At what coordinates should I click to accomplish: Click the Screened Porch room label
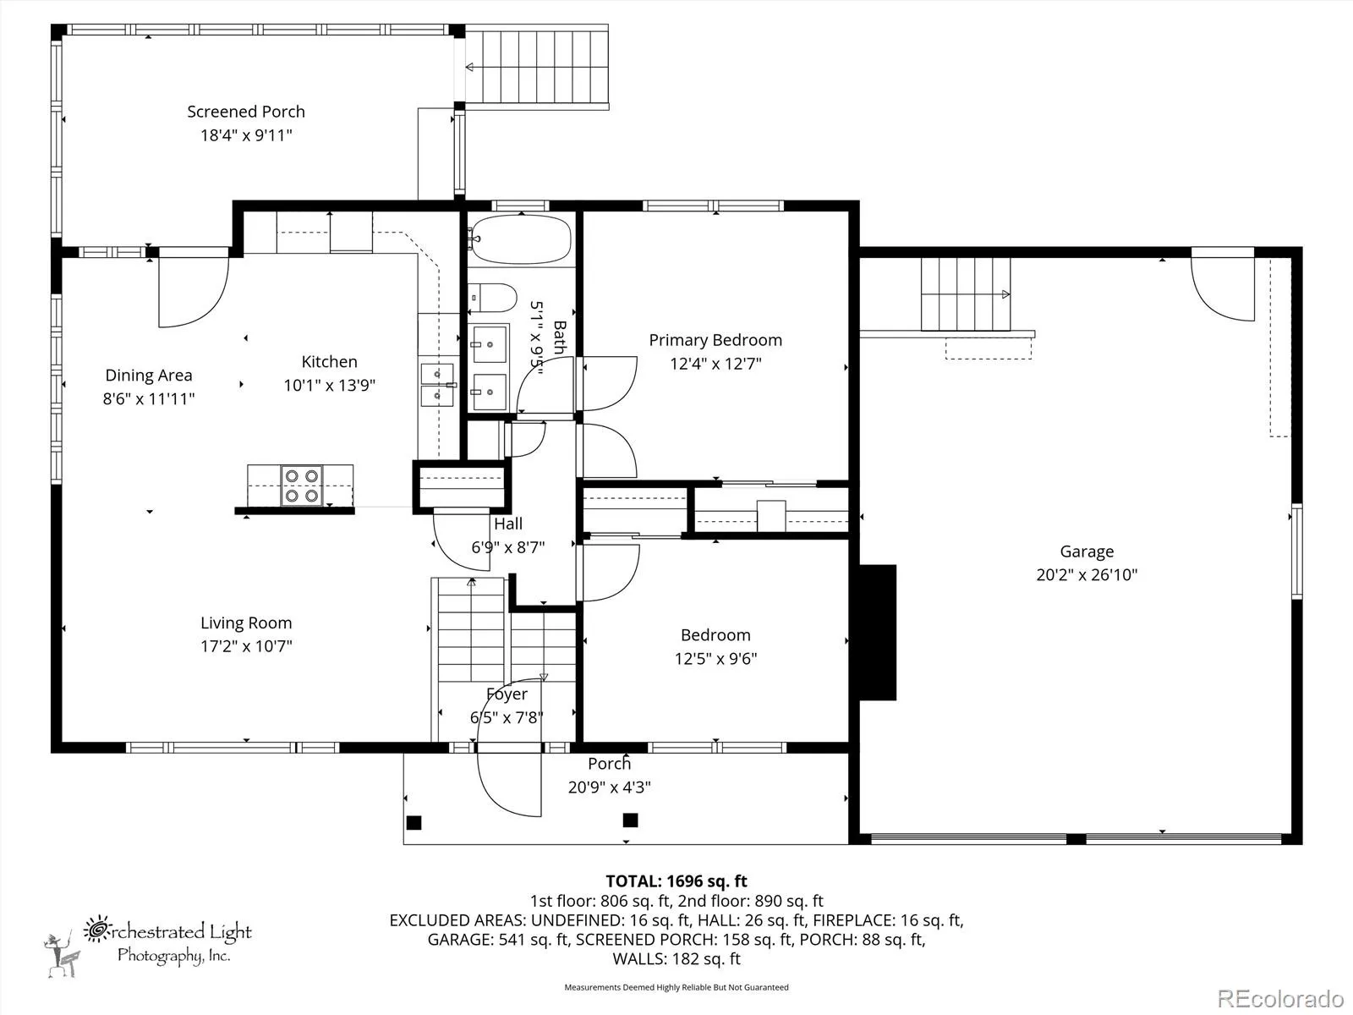click(x=246, y=112)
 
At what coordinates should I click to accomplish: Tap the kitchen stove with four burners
click(x=301, y=486)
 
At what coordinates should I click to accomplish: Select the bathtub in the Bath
click(x=522, y=239)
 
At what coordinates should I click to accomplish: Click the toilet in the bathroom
click(x=492, y=298)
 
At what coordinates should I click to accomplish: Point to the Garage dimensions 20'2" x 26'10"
click(x=1087, y=574)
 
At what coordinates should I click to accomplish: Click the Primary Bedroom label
click(x=715, y=340)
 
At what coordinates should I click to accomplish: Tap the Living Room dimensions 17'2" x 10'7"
click(x=246, y=646)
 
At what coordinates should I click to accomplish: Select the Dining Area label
click(x=149, y=376)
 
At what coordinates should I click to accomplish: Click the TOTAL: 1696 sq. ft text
click(x=676, y=881)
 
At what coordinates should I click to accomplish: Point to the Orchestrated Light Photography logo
click(x=148, y=946)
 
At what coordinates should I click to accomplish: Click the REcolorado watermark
click(x=1279, y=998)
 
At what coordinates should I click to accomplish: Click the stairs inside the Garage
click(x=966, y=294)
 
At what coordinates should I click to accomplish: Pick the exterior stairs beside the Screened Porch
click(x=536, y=67)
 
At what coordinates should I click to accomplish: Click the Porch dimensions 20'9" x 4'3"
click(x=609, y=787)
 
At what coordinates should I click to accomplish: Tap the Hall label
click(x=508, y=524)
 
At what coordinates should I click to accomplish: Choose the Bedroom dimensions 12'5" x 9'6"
click(x=715, y=658)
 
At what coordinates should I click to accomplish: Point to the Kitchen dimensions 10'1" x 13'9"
click(x=329, y=385)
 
